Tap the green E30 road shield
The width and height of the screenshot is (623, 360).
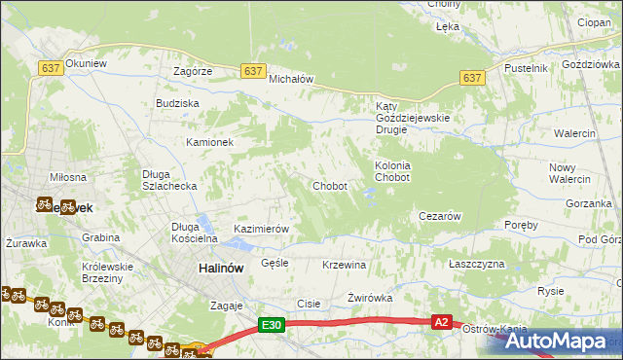(273, 327)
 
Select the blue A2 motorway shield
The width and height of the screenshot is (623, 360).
(442, 322)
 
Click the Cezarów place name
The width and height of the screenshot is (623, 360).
(438, 216)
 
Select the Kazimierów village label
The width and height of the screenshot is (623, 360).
(262, 229)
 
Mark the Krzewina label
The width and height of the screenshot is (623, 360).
(344, 265)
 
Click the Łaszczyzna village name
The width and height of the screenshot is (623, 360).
(477, 265)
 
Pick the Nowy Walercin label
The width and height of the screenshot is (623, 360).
(569, 173)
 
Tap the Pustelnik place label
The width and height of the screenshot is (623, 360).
(527, 68)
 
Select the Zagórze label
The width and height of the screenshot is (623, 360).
(193, 71)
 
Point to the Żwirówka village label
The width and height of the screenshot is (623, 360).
(369, 298)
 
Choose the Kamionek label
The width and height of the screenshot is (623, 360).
(210, 142)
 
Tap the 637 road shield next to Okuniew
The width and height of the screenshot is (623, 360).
(52, 67)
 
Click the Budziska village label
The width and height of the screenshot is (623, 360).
(177, 102)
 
